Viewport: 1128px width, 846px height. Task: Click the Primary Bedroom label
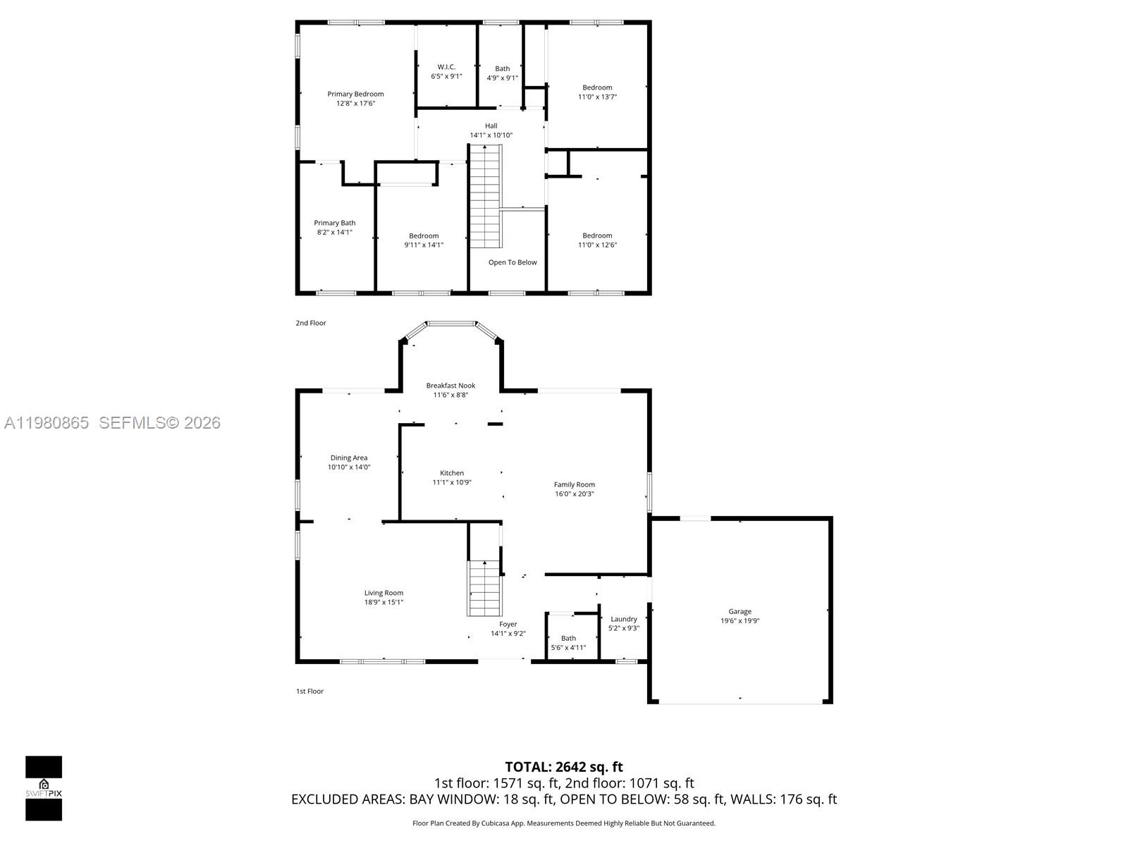(x=355, y=94)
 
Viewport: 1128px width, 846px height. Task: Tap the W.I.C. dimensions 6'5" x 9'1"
(x=446, y=76)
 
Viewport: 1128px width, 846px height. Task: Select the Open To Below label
(x=513, y=262)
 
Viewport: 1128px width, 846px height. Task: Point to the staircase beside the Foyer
(x=485, y=587)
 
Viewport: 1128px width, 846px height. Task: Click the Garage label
(x=740, y=611)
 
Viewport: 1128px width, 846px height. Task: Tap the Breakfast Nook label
(x=450, y=386)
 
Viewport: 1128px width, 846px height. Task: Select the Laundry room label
(x=623, y=619)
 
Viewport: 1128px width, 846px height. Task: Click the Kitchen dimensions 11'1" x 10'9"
(x=451, y=482)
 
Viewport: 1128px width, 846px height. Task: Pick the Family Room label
(x=574, y=484)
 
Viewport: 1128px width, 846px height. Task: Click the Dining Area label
(x=348, y=458)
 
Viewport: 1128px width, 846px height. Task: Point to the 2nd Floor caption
(x=311, y=323)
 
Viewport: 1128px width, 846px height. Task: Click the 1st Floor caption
(x=309, y=691)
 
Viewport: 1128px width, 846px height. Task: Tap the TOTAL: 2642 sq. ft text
(x=563, y=766)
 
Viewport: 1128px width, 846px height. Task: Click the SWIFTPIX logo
(x=44, y=788)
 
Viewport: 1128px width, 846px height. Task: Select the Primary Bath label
(x=334, y=223)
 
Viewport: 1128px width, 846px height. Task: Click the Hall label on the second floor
(x=491, y=125)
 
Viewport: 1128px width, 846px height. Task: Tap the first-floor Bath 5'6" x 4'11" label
(x=568, y=638)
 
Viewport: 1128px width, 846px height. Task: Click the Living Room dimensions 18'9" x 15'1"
(x=384, y=602)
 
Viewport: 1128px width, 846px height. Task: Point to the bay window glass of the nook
(x=451, y=324)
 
